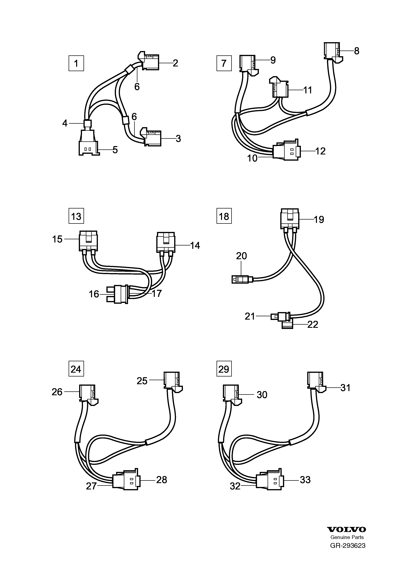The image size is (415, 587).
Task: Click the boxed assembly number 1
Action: coord(76,63)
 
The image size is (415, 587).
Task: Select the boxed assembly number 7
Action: coord(224,63)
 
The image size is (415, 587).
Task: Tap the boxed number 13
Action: coord(76,216)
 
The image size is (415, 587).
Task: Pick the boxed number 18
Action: coord(224,216)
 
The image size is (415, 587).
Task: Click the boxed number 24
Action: coord(76,369)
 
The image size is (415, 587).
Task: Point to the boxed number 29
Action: coord(224,369)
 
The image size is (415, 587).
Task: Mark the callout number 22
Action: coord(312,324)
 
